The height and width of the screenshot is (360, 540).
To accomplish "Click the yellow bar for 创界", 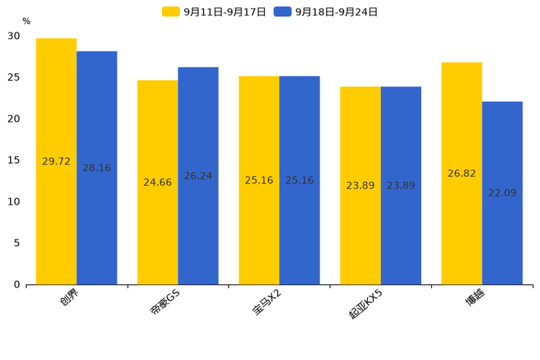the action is (x=56, y=161).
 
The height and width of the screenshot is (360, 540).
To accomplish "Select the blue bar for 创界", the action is (x=97, y=168).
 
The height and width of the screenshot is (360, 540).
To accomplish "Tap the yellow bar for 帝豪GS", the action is (x=157, y=182).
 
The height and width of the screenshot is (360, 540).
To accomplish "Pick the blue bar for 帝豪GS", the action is (x=198, y=176).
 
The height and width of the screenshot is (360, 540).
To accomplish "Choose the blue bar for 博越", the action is (x=502, y=193).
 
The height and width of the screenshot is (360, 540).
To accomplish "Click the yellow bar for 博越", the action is (x=462, y=173).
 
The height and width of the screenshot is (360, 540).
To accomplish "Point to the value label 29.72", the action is (x=56, y=161).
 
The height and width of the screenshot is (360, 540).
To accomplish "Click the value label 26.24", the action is (x=198, y=176).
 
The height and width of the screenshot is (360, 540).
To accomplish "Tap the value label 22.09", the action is (x=502, y=193).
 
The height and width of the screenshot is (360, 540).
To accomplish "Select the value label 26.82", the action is (x=462, y=173).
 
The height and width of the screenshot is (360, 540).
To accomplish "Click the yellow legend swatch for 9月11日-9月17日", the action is (x=171, y=12).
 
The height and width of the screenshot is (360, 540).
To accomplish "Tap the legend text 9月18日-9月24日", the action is (x=336, y=12).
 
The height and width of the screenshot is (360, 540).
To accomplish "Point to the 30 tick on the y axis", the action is (x=14, y=36).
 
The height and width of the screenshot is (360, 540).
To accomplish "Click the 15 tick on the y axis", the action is (x=14, y=160).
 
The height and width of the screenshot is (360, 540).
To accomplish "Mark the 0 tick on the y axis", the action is (x=17, y=285).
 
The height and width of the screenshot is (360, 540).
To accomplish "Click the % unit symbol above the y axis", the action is (x=27, y=21).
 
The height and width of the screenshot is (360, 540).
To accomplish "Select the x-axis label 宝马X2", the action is (x=267, y=302).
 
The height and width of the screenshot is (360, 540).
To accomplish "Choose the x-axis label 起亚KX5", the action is (x=365, y=304).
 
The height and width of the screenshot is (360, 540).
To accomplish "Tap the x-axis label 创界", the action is (x=69, y=297).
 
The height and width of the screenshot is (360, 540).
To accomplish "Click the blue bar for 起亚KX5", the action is (x=401, y=186).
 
